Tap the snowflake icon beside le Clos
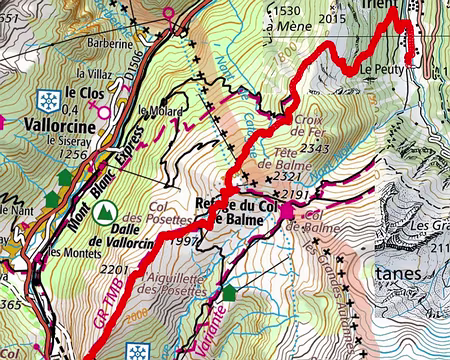tap(46, 99)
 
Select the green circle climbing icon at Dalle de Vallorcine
tap(103, 212)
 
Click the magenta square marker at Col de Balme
tap(288, 211)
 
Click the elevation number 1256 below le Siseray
tap(74, 154)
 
